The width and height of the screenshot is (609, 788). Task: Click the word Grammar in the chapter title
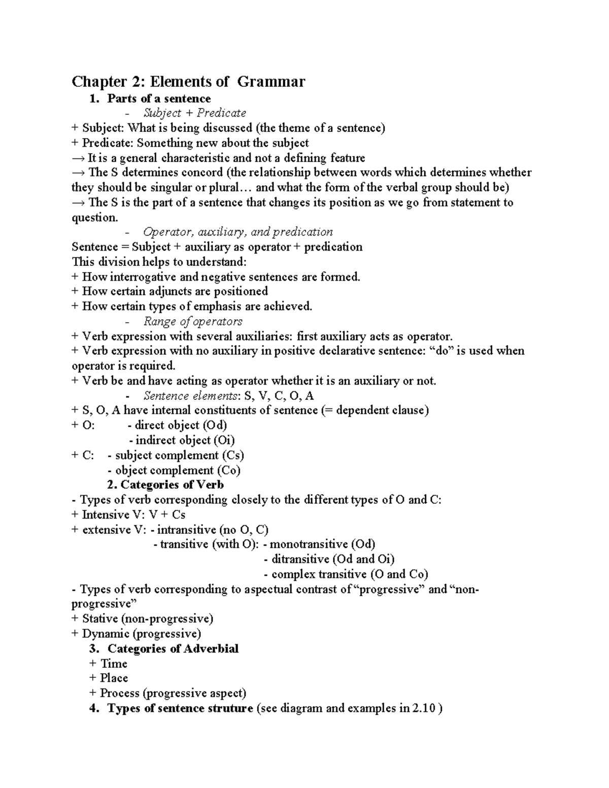point(271,81)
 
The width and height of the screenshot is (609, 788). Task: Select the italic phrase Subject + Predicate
point(195,113)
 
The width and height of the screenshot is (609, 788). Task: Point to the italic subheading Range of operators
point(193,321)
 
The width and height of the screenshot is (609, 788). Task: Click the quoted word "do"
point(441,351)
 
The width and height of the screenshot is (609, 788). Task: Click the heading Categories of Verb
point(172,485)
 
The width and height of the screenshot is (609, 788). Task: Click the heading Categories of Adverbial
point(173,648)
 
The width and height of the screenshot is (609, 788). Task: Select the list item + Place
point(109,678)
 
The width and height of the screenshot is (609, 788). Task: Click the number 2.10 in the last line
point(424,708)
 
